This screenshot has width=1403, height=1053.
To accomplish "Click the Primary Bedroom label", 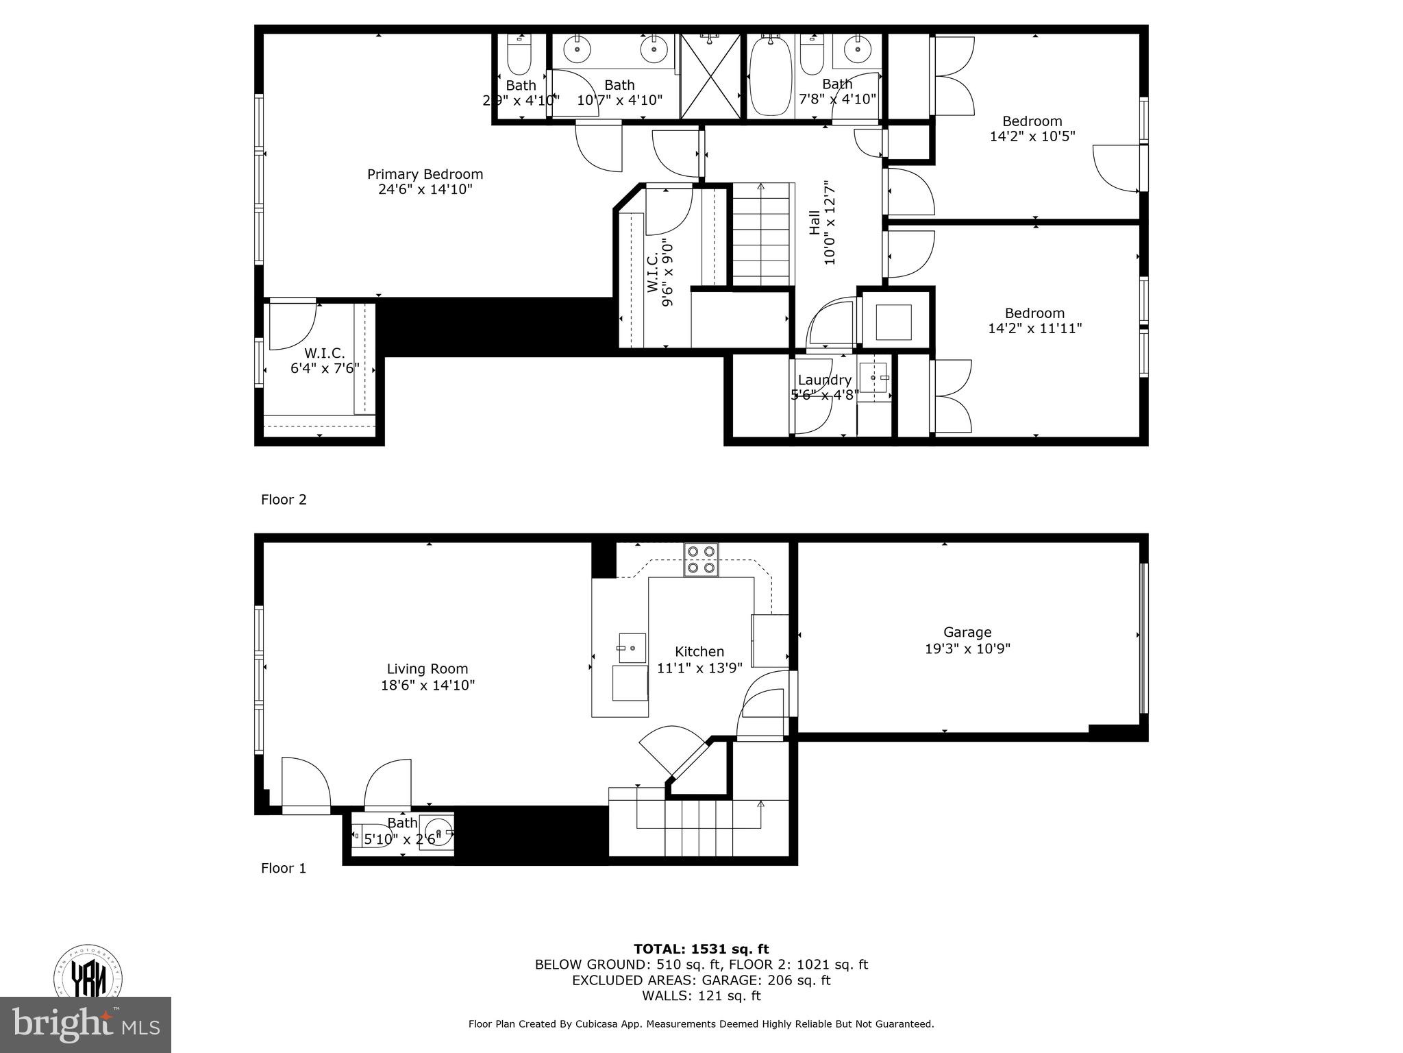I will pyautogui.click(x=425, y=175).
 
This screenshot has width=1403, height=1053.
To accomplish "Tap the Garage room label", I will pyautogui.click(x=967, y=632).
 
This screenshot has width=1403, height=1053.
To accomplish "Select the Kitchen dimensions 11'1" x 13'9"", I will pyautogui.click(x=699, y=668).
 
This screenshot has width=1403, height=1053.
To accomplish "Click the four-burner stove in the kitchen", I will pyautogui.click(x=701, y=559).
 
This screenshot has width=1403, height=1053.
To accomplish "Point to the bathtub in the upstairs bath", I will pyautogui.click(x=771, y=77).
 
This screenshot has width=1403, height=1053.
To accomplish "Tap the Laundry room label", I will pyautogui.click(x=824, y=380).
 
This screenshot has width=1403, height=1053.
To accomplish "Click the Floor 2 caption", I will pyautogui.click(x=284, y=500).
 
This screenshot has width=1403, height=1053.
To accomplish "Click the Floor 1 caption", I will pyautogui.click(x=284, y=869).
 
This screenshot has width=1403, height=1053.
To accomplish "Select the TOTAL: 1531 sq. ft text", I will pyautogui.click(x=701, y=949).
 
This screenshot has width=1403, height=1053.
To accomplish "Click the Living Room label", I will pyautogui.click(x=427, y=669).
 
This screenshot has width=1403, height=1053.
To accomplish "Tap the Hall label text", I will pyautogui.click(x=815, y=223).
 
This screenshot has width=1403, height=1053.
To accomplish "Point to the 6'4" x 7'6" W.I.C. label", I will pyautogui.click(x=325, y=361).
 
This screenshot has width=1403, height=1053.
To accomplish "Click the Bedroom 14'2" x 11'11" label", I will pyautogui.click(x=1034, y=321).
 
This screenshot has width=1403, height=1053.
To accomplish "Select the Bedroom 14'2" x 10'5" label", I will pyautogui.click(x=1032, y=129).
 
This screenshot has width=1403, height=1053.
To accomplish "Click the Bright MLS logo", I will pyautogui.click(x=85, y=1024).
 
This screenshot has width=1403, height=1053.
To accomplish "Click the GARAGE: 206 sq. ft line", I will pyautogui.click(x=701, y=980).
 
